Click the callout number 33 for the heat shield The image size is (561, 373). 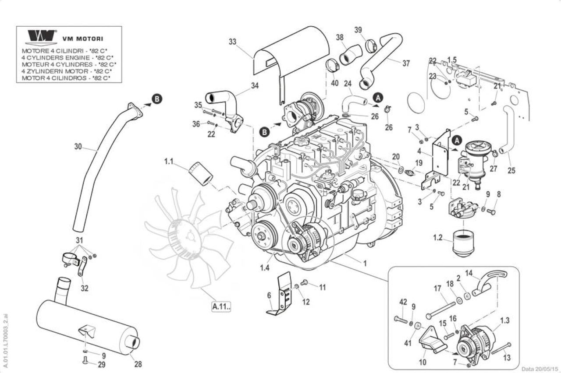click(232, 42)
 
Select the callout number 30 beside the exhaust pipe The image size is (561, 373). click(78, 147)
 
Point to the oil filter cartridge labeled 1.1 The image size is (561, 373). click(201, 174)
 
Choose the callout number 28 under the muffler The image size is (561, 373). click(138, 364)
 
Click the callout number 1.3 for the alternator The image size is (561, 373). click(504, 321)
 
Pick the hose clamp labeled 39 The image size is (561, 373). click(371, 46)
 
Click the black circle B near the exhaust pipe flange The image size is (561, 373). click(157, 99)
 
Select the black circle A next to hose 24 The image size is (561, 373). click(378, 98)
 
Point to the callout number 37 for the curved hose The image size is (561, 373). click(406, 63)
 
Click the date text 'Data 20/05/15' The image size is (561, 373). click(540, 369)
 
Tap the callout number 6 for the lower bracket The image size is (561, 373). click(269, 296)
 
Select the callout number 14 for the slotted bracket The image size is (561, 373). click(469, 273)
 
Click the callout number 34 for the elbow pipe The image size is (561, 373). click(255, 85)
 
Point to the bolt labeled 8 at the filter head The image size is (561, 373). click(491, 212)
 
